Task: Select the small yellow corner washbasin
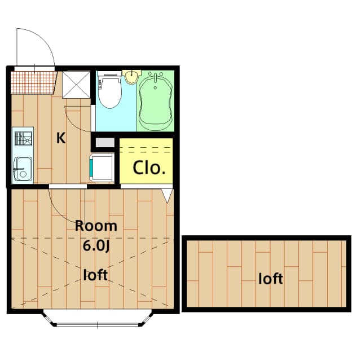click(x=131, y=76)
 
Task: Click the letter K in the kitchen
click(x=60, y=138)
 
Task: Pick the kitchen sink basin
click(x=23, y=167)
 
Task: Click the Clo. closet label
click(x=149, y=168)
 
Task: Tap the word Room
click(x=96, y=226)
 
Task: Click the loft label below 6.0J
click(x=95, y=275)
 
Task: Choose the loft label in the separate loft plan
click(x=270, y=278)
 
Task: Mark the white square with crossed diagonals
click(x=76, y=85)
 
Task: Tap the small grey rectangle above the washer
click(x=104, y=143)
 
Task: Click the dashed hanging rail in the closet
click(x=146, y=149)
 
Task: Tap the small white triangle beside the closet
click(x=168, y=195)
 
